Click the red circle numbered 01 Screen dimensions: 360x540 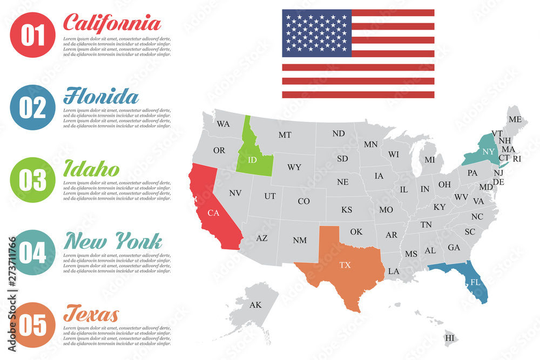click(32, 35)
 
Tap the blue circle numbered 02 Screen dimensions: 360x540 click(32, 107)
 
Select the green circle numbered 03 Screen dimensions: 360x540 click(32, 180)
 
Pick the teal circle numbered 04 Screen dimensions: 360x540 click(32, 252)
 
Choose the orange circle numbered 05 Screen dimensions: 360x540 click(32, 324)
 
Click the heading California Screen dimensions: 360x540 click(112, 23)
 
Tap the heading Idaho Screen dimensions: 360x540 click(91, 169)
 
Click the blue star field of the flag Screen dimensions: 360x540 click(316, 33)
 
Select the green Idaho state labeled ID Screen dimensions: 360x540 click(252, 160)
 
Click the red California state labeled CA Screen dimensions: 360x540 click(213, 213)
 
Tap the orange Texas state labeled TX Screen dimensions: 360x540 click(345, 265)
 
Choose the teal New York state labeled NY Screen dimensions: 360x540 click(488, 152)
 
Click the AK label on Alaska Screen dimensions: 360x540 click(255, 305)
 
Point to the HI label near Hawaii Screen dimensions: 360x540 click(449, 338)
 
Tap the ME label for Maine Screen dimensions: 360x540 click(515, 119)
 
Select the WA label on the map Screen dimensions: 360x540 click(223, 124)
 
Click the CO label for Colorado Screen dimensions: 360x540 click(304, 201)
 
